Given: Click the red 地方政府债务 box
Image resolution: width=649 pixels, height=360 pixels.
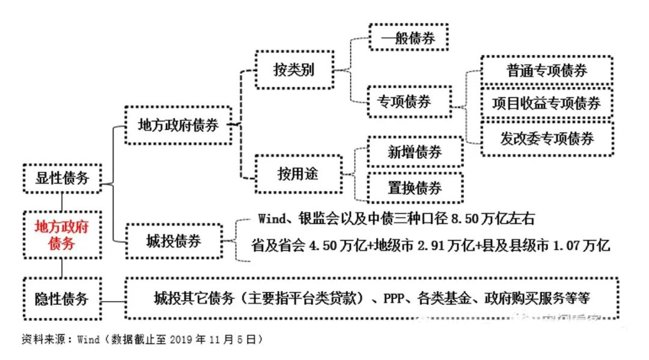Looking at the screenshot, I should tap(61, 235).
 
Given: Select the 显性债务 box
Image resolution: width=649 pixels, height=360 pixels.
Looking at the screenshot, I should tap(61, 178).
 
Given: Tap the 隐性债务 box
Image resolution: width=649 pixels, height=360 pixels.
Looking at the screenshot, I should tap(61, 299).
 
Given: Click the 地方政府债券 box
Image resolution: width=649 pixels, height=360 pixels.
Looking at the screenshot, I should tap(178, 126).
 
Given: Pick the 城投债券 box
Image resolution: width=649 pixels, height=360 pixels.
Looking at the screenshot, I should tap(173, 242).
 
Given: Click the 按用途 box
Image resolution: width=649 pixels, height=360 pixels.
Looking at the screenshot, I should tap(297, 174).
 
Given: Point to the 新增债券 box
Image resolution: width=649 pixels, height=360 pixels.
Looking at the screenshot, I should tap(414, 152).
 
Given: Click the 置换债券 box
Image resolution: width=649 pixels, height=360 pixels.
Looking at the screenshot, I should tap(414, 188).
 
